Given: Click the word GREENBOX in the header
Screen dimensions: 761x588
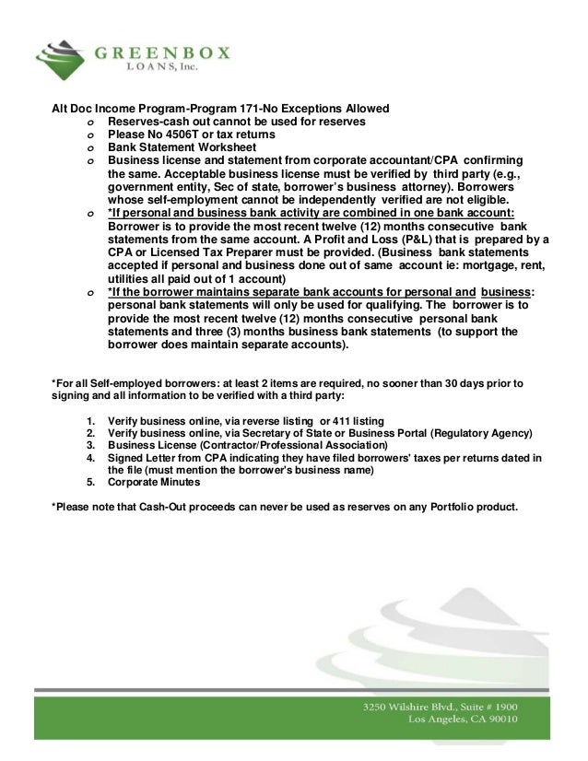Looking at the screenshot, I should (164, 53).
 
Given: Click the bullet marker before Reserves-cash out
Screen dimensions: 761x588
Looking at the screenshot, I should (90, 122).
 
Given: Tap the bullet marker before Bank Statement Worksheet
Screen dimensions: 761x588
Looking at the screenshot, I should (90, 147).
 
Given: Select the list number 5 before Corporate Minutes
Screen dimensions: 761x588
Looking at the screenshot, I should (90, 481).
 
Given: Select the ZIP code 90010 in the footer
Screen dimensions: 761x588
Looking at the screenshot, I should (497, 720).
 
